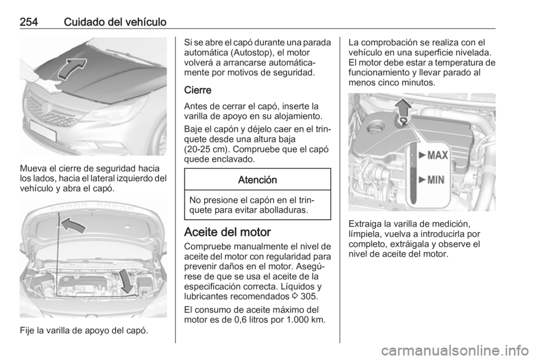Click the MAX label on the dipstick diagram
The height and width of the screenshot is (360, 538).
(x=434, y=155)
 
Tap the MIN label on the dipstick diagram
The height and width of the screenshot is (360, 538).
(x=432, y=180)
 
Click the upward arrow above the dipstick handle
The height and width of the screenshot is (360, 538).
(x=401, y=107)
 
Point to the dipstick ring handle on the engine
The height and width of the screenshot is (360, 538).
(x=402, y=122)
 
